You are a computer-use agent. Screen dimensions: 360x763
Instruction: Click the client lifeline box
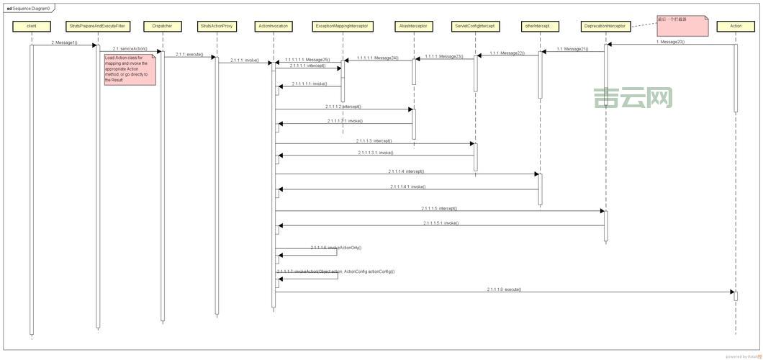[31, 26]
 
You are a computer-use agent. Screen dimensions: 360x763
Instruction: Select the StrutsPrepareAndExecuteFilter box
[96, 26]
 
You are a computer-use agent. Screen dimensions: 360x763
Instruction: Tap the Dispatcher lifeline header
[161, 26]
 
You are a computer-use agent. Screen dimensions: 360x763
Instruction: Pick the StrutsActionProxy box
[216, 26]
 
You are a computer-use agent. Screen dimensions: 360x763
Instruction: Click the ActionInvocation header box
[274, 26]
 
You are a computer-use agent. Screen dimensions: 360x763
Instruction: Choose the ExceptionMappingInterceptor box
[342, 26]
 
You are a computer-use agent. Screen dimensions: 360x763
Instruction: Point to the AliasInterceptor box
[413, 26]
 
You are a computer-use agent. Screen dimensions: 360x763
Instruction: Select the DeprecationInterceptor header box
[605, 26]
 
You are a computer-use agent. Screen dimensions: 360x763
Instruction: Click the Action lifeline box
[735, 26]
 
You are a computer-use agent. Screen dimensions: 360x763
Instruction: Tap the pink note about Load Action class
[130, 68]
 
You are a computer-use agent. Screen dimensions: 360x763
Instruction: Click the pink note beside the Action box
[682, 24]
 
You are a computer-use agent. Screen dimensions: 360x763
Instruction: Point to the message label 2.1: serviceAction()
[130, 48]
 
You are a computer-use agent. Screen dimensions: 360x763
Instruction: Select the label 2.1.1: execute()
[189, 54]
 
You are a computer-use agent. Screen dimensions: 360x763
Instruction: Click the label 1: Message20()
[670, 42]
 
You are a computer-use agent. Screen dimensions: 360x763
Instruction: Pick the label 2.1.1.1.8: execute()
[504, 289]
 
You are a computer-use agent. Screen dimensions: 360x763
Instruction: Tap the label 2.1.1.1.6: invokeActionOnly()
[336, 247]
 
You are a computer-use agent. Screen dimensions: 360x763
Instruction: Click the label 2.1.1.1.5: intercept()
[439, 208]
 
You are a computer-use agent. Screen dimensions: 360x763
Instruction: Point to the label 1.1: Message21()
[572, 48]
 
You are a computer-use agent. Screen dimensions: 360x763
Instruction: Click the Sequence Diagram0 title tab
[28, 8]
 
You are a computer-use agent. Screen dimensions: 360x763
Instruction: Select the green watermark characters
[633, 99]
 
